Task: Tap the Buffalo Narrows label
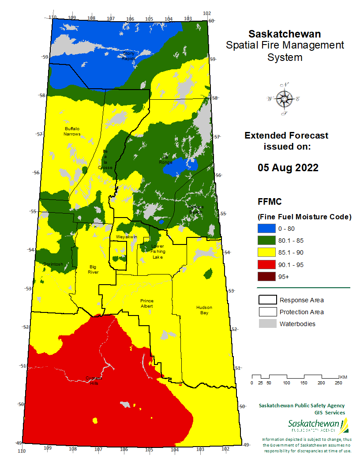pyautogui.click(x=72, y=131)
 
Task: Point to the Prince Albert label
pyautogui.click(x=147, y=303)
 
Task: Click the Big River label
pyautogui.click(x=93, y=269)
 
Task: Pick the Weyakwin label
pyautogui.click(x=126, y=237)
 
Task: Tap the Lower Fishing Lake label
pyautogui.click(x=157, y=252)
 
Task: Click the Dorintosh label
pyautogui.click(x=53, y=264)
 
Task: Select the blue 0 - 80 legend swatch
pyautogui.click(x=266, y=229)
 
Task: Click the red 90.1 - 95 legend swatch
pyautogui.click(x=266, y=264)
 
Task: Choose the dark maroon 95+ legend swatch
pyautogui.click(x=266, y=276)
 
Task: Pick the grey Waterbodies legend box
pyautogui.click(x=267, y=324)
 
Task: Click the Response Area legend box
pyautogui.click(x=267, y=300)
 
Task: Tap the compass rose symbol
pyautogui.click(x=283, y=99)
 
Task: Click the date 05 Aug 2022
pyautogui.click(x=288, y=168)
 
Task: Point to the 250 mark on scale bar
pyautogui.click(x=338, y=383)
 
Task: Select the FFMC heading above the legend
pyautogui.click(x=270, y=202)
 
